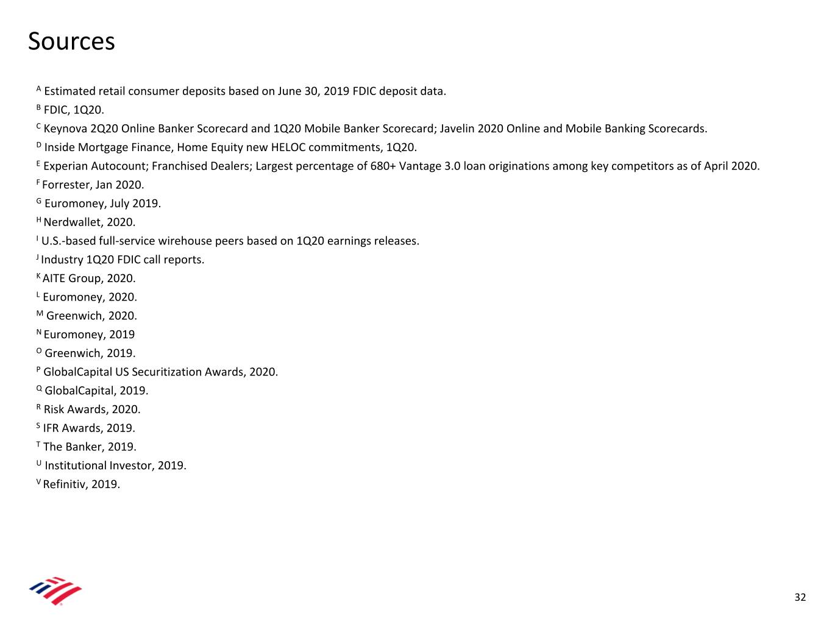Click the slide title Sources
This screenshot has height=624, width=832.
tap(71, 41)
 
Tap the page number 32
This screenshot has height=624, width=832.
tap(800, 597)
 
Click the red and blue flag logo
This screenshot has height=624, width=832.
tap(55, 590)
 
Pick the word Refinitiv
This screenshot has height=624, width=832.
tap(64, 484)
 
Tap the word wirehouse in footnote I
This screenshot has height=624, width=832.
tap(185, 241)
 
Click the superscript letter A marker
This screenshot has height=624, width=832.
tap(39, 89)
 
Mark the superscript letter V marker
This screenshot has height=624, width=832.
tap(38, 482)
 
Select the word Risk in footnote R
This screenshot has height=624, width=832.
tap(54, 409)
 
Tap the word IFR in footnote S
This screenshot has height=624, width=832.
tap(51, 428)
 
